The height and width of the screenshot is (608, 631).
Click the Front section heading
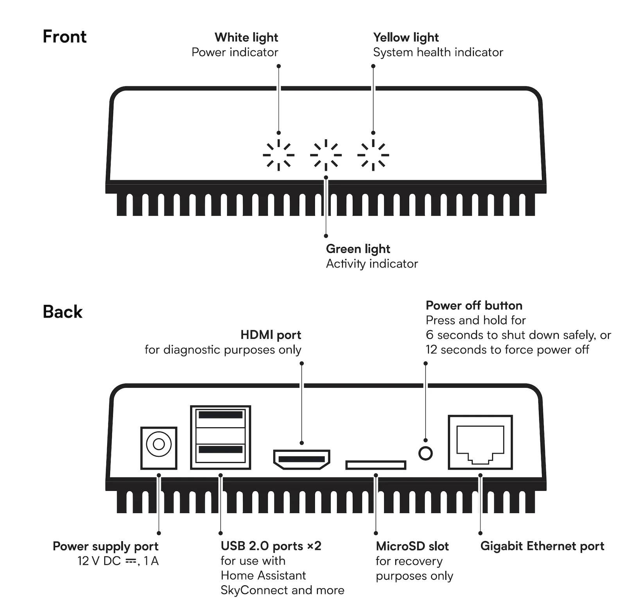click(x=65, y=36)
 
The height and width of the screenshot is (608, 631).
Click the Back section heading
click(x=63, y=312)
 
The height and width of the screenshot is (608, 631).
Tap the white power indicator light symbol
click(x=279, y=155)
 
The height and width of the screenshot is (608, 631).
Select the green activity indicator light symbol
click(x=326, y=155)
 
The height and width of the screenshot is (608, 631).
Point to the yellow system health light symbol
click(x=373, y=155)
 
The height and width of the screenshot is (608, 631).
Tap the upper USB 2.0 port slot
click(x=220, y=415)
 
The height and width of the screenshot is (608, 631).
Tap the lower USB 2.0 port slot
click(x=220, y=449)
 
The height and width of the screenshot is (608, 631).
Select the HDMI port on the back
click(x=301, y=459)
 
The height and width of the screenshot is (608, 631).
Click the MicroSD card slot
click(x=376, y=465)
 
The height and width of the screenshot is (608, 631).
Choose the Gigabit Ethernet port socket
click(x=480, y=443)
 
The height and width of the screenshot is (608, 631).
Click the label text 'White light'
click(x=246, y=38)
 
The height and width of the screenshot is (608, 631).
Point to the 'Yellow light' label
click(x=406, y=38)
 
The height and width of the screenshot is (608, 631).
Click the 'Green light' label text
click(x=358, y=249)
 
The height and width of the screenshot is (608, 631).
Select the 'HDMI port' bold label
click(x=271, y=335)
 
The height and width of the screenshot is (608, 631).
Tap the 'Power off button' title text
click(x=474, y=305)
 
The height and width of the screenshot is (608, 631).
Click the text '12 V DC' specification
click(x=99, y=561)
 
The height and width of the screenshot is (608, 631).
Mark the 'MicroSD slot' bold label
click(x=412, y=546)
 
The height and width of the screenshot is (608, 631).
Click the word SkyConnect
click(x=254, y=590)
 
